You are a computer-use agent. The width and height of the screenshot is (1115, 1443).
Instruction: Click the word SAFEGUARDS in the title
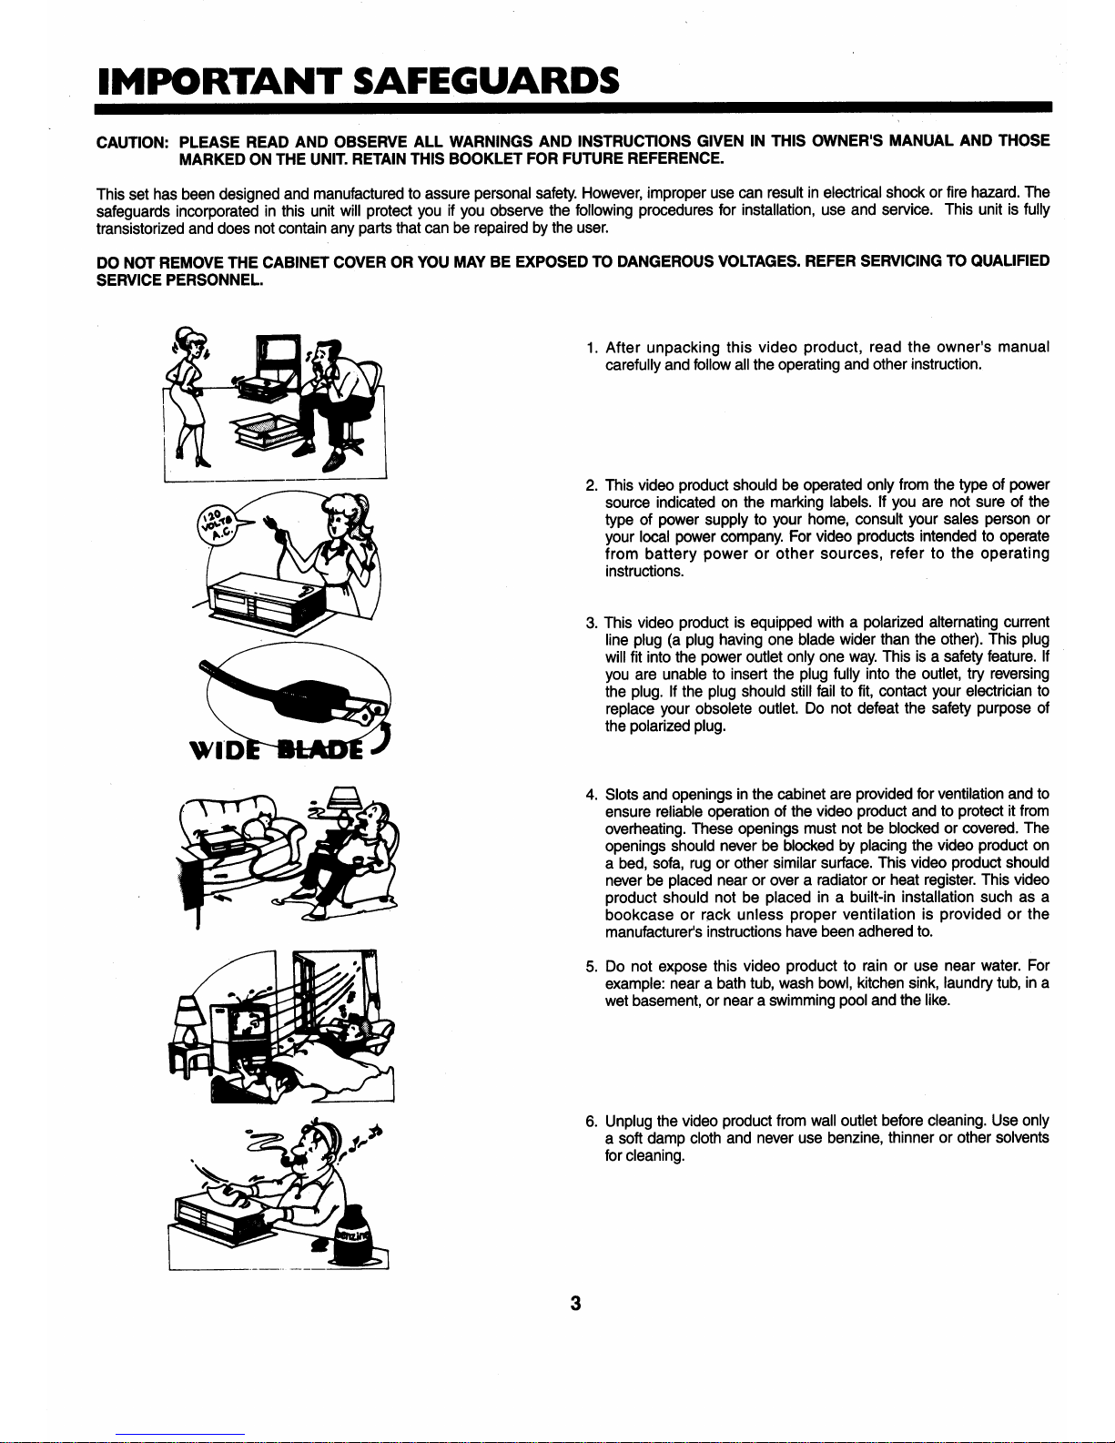point(486,81)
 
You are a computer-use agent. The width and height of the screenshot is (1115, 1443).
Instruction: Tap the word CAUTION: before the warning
point(133,142)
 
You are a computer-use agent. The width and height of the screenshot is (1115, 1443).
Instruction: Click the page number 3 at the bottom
point(575,1304)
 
